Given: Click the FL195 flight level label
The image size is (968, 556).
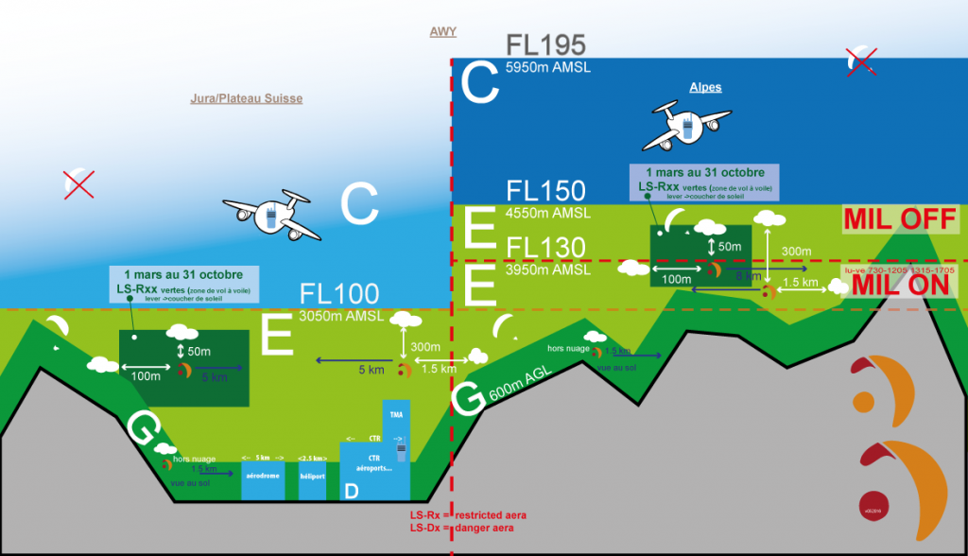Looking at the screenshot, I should click(x=546, y=44).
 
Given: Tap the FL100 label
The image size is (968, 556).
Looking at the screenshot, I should click(x=338, y=293).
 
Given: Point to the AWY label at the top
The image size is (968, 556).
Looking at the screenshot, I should click(x=442, y=32).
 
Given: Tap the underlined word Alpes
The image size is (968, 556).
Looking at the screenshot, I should click(x=705, y=87).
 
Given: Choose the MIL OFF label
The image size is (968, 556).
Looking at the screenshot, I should click(x=900, y=220).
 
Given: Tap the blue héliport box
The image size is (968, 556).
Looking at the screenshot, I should click(x=312, y=479).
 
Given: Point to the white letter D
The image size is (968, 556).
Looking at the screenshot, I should click(x=352, y=492).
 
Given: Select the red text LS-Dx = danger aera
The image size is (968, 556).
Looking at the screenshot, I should click(x=461, y=527).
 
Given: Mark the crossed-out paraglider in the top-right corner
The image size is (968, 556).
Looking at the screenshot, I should click(x=862, y=61).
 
